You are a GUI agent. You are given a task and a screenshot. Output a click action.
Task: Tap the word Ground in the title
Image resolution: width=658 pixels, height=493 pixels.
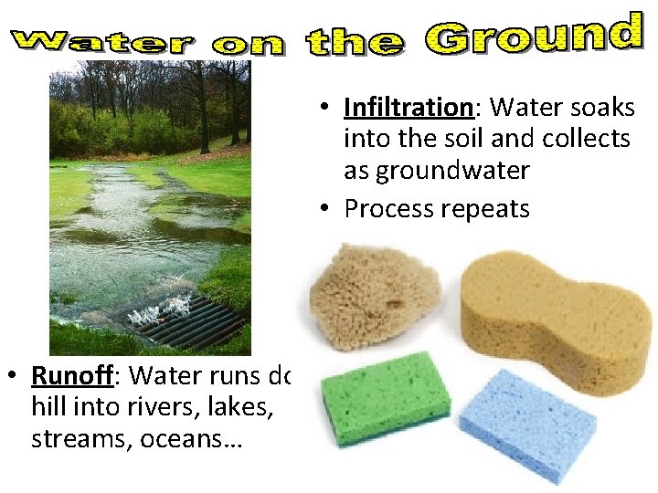[x=534, y=36]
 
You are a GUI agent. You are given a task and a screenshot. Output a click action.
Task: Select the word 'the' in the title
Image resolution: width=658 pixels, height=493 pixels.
[x=354, y=42]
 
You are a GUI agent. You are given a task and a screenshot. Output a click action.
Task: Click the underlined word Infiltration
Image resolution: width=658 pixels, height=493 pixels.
[x=407, y=108]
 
